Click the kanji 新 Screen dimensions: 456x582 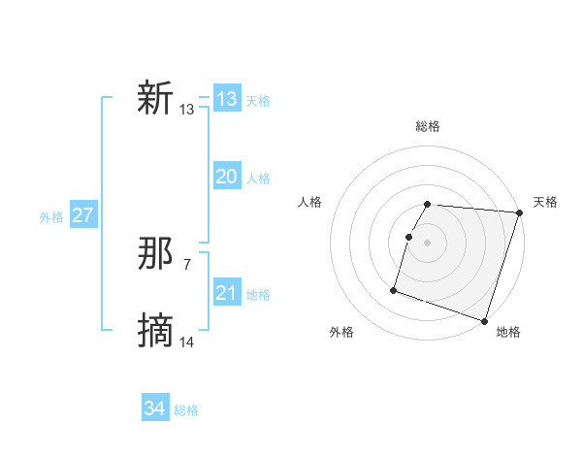point(156,99)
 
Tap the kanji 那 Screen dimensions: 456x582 point(156,254)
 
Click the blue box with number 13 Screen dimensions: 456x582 point(227,99)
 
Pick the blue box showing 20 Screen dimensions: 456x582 point(227,177)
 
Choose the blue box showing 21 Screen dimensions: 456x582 point(227,293)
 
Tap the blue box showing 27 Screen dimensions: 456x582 point(83,215)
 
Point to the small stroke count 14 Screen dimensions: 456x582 point(187,342)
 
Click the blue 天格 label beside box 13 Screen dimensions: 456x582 point(258,101)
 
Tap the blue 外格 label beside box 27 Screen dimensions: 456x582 point(51,217)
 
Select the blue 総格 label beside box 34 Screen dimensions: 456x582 point(186,410)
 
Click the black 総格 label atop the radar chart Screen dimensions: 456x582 point(428,126)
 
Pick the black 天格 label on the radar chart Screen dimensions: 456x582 point(545,202)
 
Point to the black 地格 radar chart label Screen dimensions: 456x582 point(508,332)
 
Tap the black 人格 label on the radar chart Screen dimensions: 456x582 point(310,202)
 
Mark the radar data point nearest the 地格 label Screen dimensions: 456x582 point(484,321)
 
